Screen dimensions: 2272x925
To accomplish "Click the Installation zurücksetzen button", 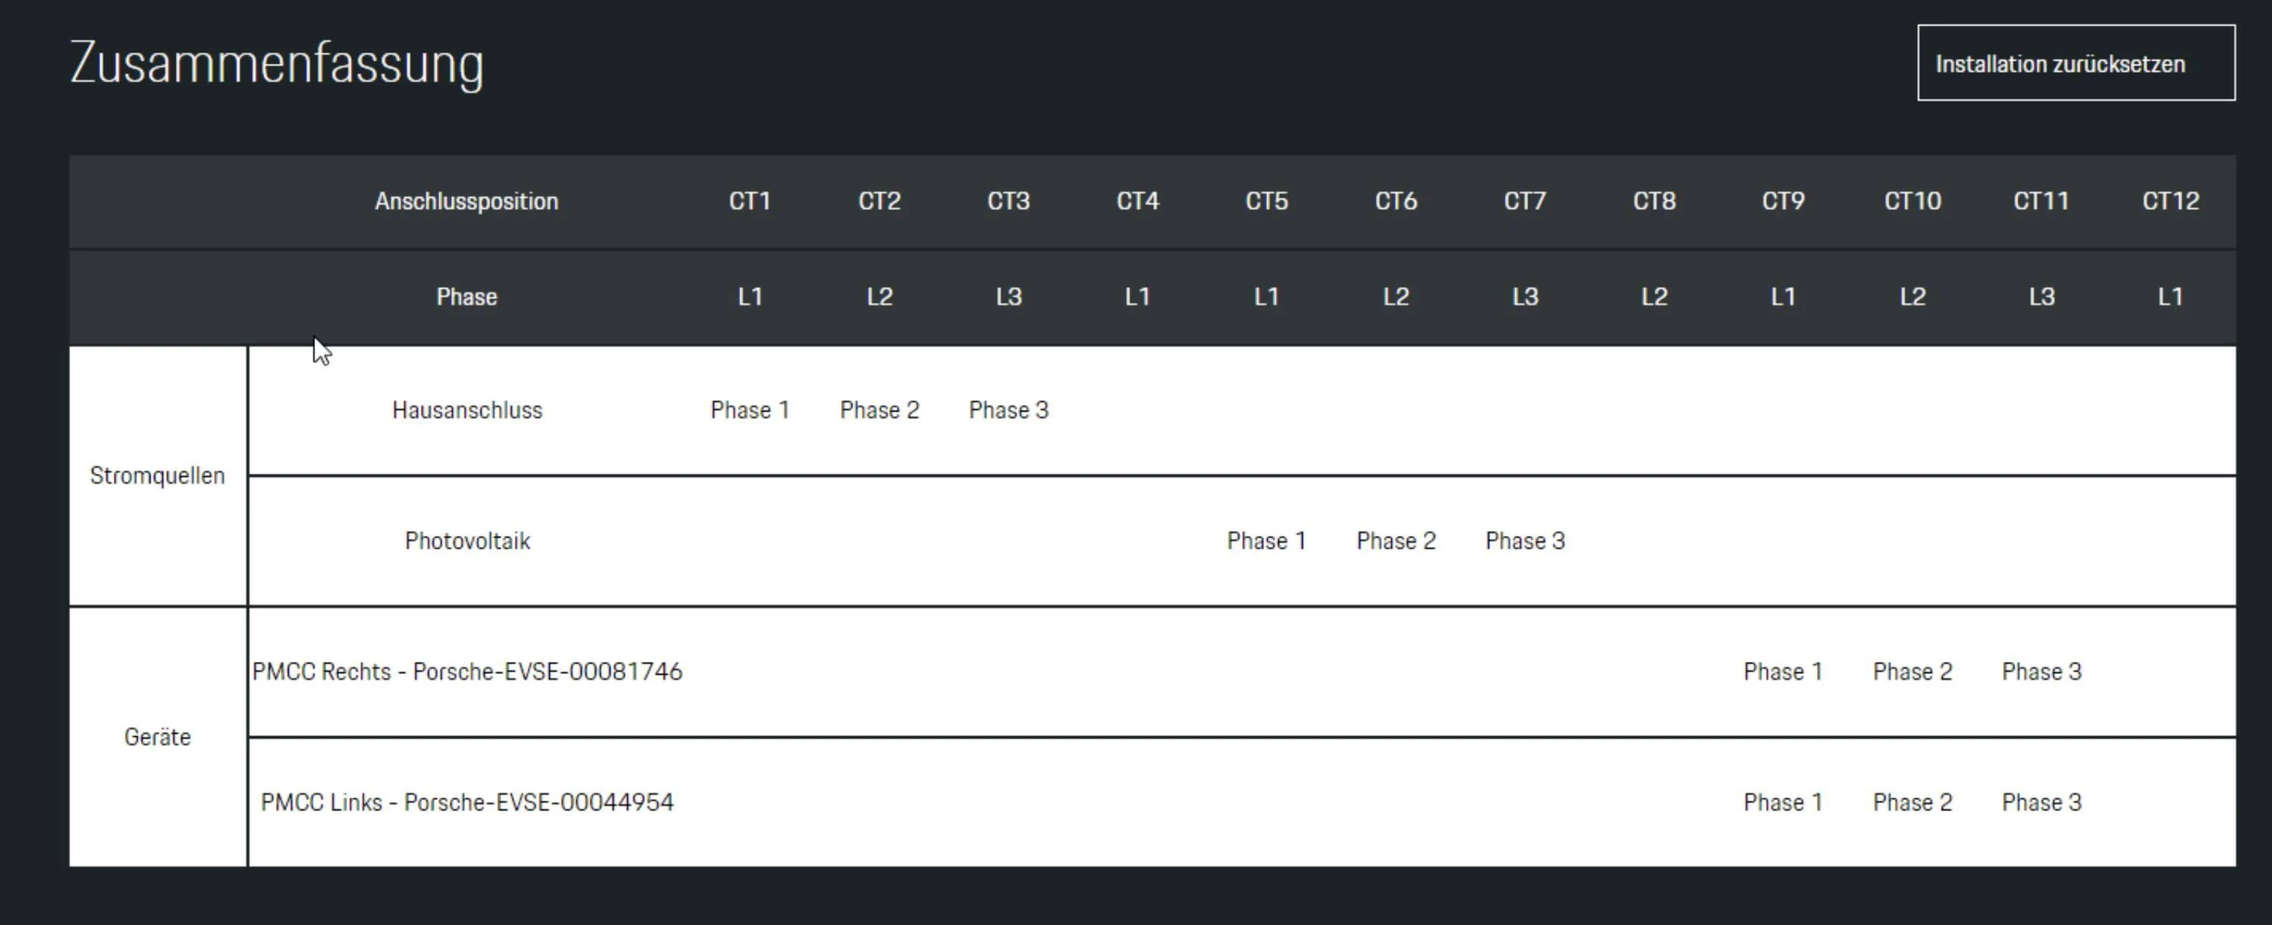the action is [x=2075, y=63].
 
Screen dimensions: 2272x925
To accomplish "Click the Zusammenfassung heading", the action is [x=277, y=64].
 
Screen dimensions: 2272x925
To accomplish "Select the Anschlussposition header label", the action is [x=467, y=201].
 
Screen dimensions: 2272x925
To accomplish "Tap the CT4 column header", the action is [x=1138, y=201].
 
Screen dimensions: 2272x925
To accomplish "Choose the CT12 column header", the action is [x=2171, y=201].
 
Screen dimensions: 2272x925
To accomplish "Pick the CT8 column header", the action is [x=1654, y=201].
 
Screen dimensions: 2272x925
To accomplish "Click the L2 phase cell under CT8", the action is [x=1654, y=296].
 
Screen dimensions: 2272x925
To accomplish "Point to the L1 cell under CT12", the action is [x=2171, y=296].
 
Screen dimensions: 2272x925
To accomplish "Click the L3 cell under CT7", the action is [x=1525, y=296].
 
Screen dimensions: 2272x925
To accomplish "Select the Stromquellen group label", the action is [x=157, y=475].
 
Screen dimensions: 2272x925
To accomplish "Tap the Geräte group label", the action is [x=157, y=737].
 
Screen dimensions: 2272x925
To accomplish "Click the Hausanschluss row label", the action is [x=467, y=410].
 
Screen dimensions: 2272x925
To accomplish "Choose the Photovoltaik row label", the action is [x=467, y=541].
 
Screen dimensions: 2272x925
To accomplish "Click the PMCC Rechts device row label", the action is [x=467, y=672].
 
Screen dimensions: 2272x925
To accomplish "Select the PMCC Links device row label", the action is [x=467, y=802].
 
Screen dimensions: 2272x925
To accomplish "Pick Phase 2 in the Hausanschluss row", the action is [x=879, y=410].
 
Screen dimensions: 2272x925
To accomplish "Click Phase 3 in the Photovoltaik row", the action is [x=1525, y=541].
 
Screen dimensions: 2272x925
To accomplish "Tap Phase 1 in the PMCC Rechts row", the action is [x=1783, y=672].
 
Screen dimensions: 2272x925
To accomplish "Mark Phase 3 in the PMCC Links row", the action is [x=2041, y=802].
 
